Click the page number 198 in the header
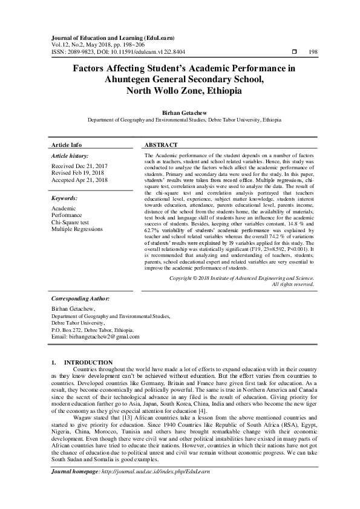click(313, 53)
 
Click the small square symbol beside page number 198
click(294, 53)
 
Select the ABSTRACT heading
click(162, 146)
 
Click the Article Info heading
click(67, 146)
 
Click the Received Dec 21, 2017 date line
click(80, 166)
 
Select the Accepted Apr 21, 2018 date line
click(80, 180)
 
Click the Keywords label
click(64, 198)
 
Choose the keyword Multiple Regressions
click(77, 230)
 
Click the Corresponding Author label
click(80, 299)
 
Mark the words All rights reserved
click(293, 284)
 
